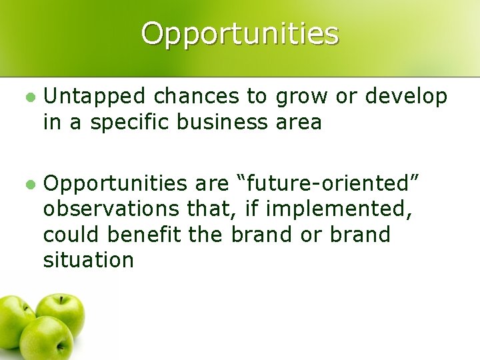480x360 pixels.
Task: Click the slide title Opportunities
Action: (240, 33)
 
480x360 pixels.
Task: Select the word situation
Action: (89, 261)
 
